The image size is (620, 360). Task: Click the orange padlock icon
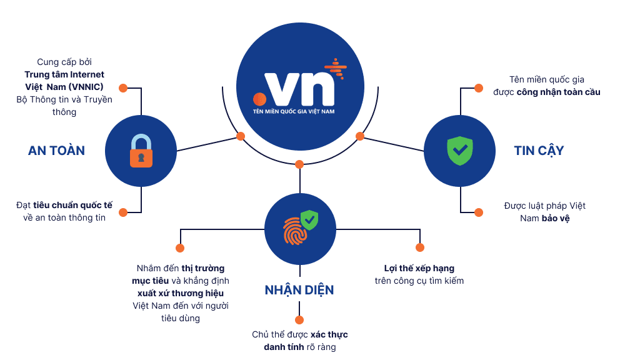[x=141, y=151]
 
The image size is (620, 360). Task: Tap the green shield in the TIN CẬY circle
[x=460, y=151]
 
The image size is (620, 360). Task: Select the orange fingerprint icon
[x=294, y=231]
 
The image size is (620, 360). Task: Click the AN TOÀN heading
[x=56, y=151]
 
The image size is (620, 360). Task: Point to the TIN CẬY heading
[x=539, y=151]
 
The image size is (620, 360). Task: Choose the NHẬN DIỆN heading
[x=299, y=290]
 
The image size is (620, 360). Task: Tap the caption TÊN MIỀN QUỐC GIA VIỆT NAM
[x=294, y=111]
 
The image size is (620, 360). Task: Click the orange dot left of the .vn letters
[x=259, y=99]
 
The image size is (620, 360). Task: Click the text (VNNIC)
[x=86, y=87]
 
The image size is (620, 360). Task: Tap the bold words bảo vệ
[x=556, y=218]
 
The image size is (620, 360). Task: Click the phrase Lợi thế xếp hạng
[x=419, y=268]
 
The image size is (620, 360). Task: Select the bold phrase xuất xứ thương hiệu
[x=181, y=293]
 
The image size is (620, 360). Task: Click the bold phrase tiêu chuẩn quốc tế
[x=72, y=206]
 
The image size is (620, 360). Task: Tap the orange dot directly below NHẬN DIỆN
[x=299, y=319]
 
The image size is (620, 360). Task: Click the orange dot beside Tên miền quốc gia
[x=479, y=88]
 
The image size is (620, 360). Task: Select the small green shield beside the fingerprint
[x=309, y=219]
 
